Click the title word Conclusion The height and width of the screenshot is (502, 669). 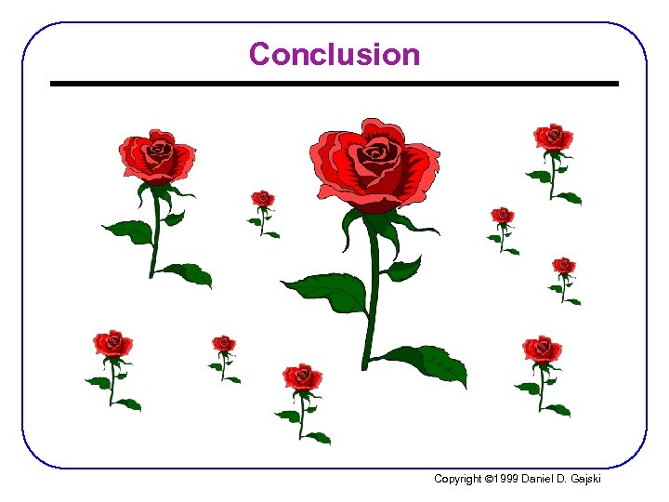[334, 54]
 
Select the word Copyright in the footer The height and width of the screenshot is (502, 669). [458, 479]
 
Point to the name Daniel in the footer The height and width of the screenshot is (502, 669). [540, 479]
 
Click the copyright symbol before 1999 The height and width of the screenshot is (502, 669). [490, 479]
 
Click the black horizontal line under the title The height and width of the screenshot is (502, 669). [334, 84]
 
